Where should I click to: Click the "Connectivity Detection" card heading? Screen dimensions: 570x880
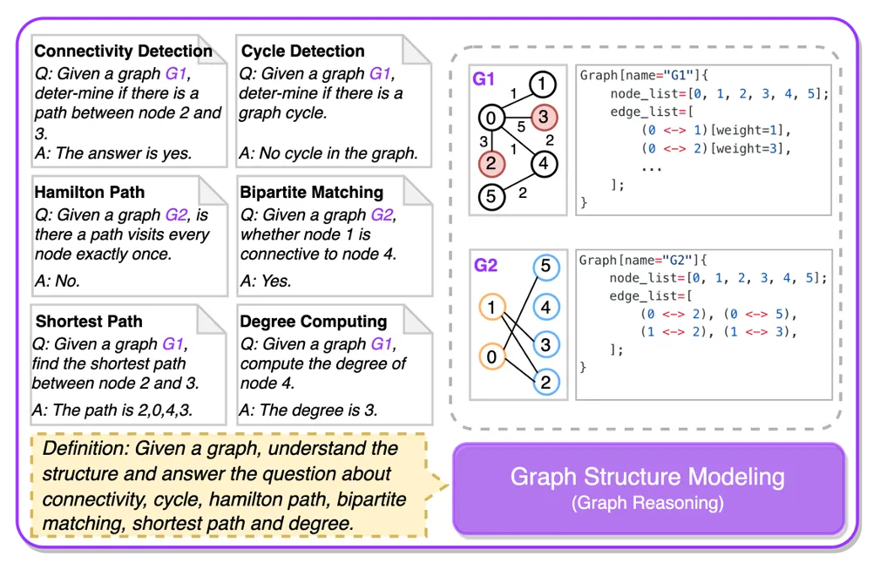(x=123, y=51)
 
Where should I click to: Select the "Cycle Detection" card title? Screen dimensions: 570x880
(x=302, y=51)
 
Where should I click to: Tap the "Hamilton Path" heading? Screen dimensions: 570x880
(x=90, y=192)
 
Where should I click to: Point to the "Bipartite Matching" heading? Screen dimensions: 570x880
(x=312, y=192)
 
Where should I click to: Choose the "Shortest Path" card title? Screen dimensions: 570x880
(x=89, y=322)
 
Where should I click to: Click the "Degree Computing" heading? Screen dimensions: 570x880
(x=314, y=322)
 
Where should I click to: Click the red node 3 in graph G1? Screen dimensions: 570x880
(x=542, y=117)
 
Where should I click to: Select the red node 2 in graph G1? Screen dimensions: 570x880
(x=491, y=163)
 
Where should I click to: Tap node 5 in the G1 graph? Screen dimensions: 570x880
(x=491, y=197)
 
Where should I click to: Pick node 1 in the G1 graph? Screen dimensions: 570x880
(x=542, y=85)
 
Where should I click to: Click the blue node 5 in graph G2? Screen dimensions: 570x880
(x=545, y=267)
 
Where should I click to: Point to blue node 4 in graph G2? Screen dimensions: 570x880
(x=545, y=306)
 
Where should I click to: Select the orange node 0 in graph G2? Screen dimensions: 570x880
(x=492, y=356)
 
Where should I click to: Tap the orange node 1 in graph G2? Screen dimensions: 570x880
(x=492, y=307)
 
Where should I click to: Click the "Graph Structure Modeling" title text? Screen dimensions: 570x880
(x=647, y=478)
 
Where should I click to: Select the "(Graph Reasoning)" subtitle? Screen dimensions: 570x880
(x=647, y=503)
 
